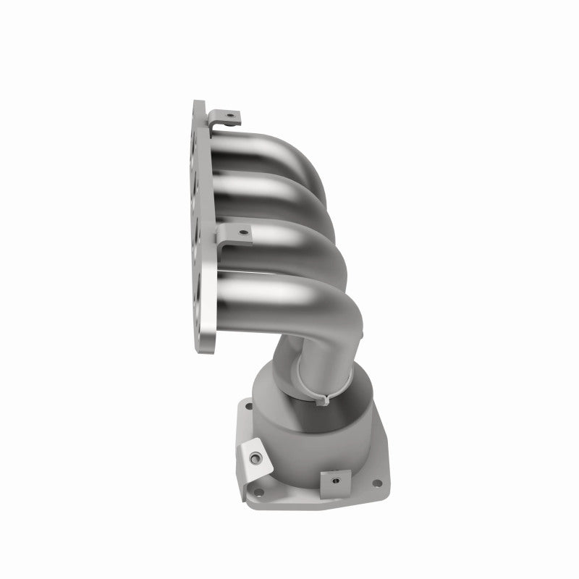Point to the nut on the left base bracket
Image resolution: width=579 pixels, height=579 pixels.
[x=255, y=457]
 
